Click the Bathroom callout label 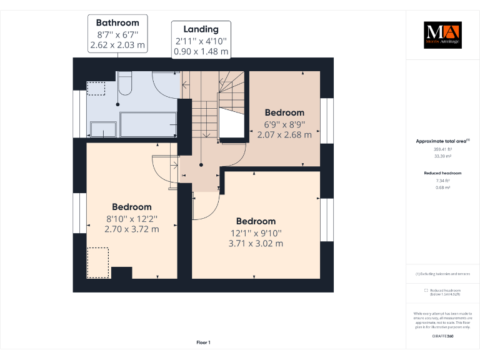117,23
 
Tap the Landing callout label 201,29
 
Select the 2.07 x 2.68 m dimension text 284,134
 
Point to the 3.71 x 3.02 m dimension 256,243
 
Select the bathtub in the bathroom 148,124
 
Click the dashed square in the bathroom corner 96,89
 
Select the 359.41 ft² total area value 442,149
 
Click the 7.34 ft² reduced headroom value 442,180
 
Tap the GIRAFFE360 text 442,337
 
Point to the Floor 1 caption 204,342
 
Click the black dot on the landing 201,165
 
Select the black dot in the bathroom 118,104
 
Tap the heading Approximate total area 441,141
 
